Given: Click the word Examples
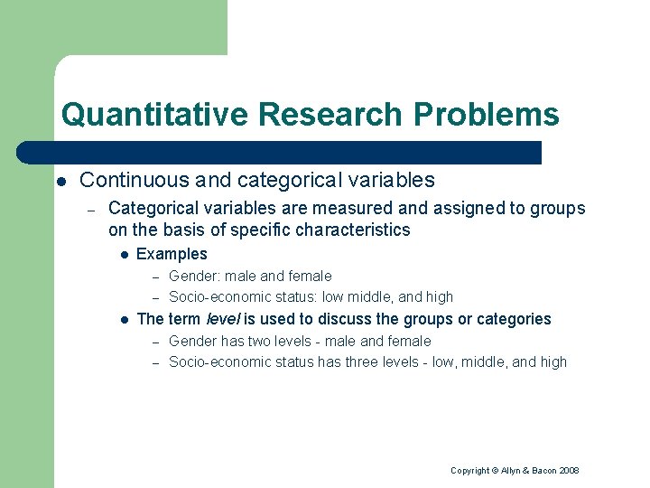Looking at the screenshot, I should click(x=172, y=254).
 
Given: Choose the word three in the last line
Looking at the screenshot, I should click(x=367, y=362).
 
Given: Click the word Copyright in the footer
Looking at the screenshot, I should click(x=469, y=471).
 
